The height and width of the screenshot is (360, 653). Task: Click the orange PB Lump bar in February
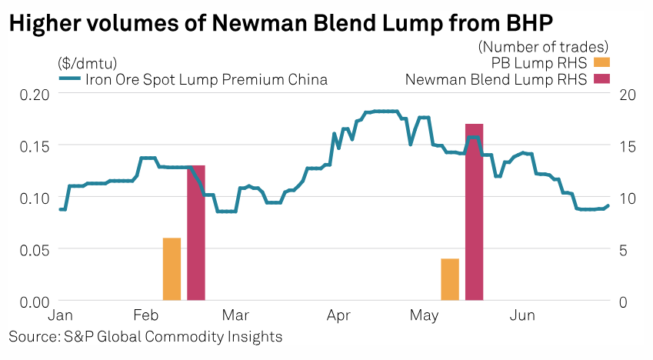point(172,269)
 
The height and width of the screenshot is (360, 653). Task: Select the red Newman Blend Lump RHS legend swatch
point(601,78)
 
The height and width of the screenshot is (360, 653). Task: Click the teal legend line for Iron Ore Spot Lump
point(68,79)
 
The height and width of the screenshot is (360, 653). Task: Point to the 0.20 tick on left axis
point(35,94)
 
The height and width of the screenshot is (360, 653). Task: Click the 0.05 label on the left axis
point(35,249)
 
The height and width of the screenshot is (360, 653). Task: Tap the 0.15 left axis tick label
point(35,145)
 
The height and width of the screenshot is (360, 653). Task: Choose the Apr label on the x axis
point(339,316)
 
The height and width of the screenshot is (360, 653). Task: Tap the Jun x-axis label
point(523,316)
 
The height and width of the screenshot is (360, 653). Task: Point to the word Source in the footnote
point(31,337)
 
